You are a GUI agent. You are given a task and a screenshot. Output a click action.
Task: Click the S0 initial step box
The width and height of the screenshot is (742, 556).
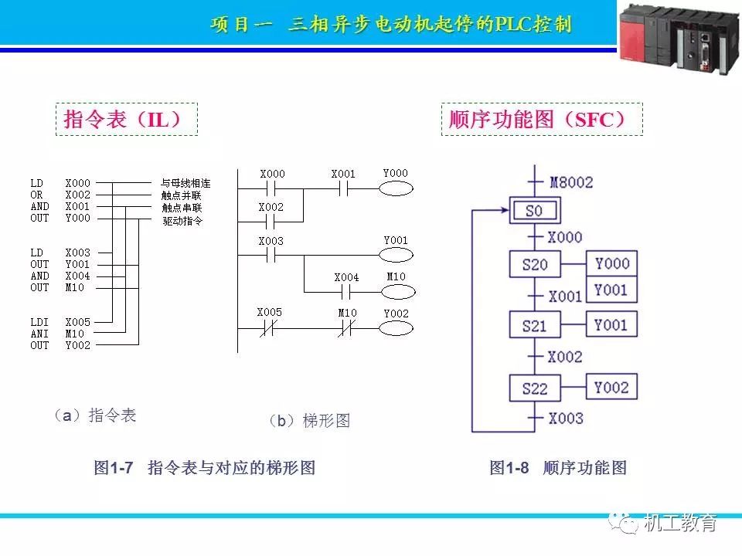(x=534, y=210)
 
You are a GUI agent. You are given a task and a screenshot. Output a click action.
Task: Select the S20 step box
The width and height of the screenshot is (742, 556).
(x=534, y=265)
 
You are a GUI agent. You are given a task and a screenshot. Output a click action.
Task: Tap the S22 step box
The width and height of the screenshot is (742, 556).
(x=534, y=388)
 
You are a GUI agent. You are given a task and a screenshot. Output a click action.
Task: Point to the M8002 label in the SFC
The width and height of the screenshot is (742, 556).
(x=571, y=182)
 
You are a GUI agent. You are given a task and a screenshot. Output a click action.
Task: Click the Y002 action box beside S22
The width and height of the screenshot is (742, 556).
(x=611, y=387)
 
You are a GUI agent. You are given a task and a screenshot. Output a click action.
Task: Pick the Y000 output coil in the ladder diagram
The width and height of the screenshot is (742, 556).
(x=395, y=190)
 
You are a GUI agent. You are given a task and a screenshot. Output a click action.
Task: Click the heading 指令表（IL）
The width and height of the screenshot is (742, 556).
(x=125, y=120)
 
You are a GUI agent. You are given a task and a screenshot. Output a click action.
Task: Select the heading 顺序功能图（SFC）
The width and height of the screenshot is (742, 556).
(x=542, y=120)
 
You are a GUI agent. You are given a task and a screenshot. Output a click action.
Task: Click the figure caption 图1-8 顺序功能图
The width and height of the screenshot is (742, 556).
(x=557, y=467)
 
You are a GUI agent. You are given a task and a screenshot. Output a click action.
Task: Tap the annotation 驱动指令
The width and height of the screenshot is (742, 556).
(x=182, y=221)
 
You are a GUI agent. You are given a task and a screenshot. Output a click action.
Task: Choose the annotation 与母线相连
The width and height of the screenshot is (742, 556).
(x=185, y=184)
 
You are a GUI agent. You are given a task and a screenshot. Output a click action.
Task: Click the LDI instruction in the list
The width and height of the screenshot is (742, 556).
(x=39, y=322)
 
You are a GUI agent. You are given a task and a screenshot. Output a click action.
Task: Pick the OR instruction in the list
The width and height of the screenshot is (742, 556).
(x=36, y=195)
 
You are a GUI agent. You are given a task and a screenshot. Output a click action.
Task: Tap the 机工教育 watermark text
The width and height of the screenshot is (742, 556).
(x=680, y=523)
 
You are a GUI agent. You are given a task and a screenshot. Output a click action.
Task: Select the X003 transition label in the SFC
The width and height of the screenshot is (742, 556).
(x=566, y=418)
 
